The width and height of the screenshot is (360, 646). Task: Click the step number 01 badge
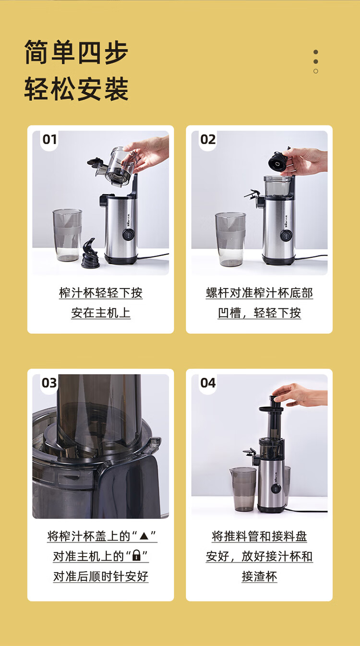click(49, 140)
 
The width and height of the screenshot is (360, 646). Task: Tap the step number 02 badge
click(208, 140)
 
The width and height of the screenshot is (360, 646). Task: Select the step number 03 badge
click(49, 383)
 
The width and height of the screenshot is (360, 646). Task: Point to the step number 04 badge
click(208, 383)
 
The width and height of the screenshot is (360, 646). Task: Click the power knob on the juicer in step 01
click(128, 235)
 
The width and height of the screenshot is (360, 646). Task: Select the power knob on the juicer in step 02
click(285, 235)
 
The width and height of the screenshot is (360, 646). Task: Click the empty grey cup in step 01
click(67, 235)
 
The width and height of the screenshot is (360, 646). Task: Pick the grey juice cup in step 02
click(230, 239)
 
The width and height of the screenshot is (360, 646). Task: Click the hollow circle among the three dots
click(316, 71)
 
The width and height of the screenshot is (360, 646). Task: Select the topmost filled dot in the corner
click(316, 52)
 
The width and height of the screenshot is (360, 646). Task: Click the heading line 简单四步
click(76, 52)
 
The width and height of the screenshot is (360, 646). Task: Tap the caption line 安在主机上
click(101, 313)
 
